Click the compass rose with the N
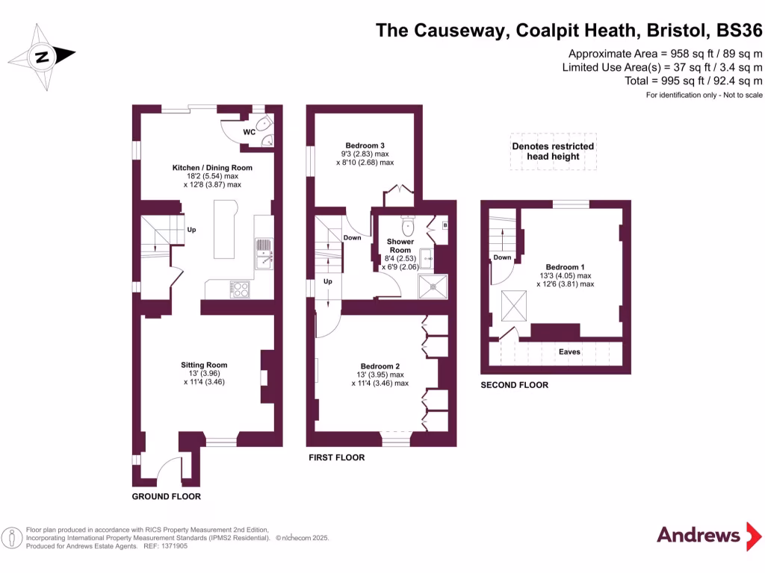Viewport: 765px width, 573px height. [42, 56]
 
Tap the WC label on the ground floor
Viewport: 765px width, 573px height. [250, 132]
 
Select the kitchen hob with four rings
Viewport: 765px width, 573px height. [241, 288]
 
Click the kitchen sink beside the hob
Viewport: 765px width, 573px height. [264, 253]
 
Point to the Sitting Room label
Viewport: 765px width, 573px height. [203, 365]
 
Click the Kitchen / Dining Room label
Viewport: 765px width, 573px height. [213, 168]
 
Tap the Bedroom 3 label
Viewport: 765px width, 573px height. [365, 145]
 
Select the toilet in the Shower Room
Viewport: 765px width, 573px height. [408, 225]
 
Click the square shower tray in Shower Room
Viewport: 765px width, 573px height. [435, 285]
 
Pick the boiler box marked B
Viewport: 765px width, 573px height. [445, 225]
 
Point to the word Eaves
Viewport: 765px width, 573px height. [569, 351]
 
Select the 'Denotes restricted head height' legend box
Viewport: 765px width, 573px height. [553, 151]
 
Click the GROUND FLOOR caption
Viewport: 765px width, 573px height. [166, 496]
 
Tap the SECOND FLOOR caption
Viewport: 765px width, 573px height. [514, 385]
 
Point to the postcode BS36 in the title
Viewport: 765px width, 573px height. [739, 31]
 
